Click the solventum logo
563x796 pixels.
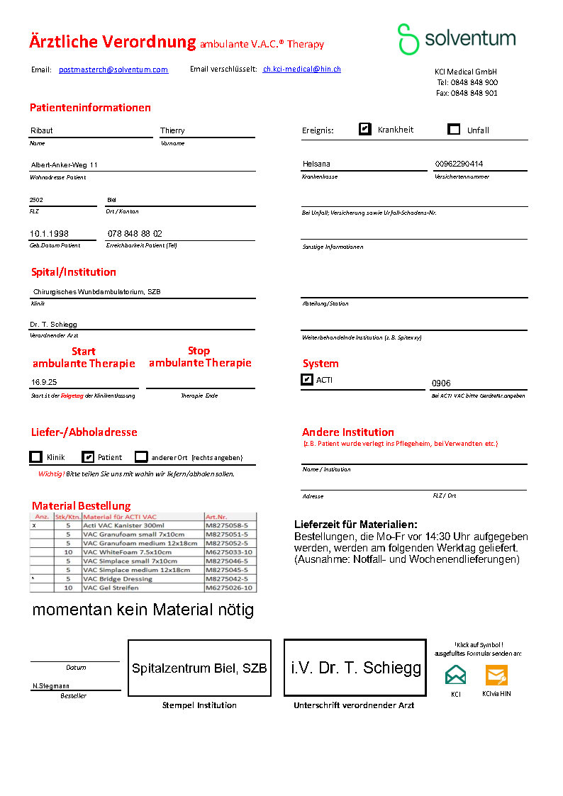point(456,39)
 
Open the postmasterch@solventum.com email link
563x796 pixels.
point(113,69)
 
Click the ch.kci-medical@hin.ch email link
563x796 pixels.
point(302,69)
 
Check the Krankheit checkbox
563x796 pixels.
point(365,129)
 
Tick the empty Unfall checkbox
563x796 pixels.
point(455,129)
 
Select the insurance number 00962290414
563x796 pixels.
point(459,164)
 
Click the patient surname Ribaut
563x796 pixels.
point(42,130)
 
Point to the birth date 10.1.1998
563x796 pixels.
point(49,233)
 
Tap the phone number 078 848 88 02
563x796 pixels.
point(135,233)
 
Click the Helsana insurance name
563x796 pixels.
point(316,164)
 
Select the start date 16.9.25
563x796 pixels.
point(44,381)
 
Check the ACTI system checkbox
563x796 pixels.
point(307,379)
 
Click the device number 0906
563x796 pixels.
point(441,383)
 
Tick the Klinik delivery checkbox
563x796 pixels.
point(36,457)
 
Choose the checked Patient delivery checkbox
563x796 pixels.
point(88,457)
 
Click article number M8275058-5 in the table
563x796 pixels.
point(225,526)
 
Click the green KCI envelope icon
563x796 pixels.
point(456,675)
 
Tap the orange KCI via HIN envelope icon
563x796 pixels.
point(496,675)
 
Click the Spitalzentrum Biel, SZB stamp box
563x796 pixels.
point(199,668)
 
